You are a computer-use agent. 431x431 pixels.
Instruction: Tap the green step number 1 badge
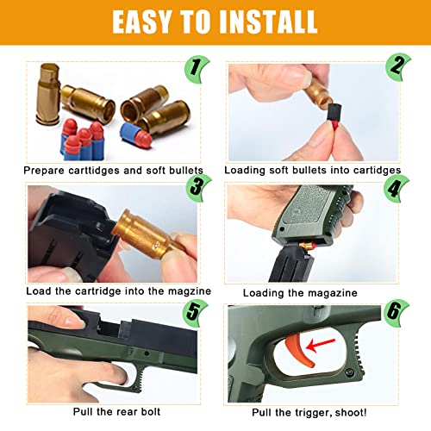tap(194, 66)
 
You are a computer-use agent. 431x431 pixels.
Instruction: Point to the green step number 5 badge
tap(194, 311)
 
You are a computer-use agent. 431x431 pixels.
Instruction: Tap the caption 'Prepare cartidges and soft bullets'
tap(113, 170)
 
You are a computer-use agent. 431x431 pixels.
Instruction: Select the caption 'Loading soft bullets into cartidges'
tap(312, 170)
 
